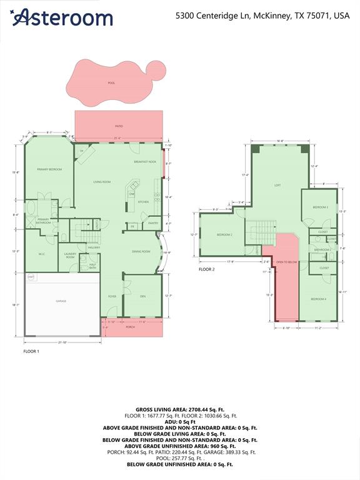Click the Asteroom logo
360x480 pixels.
click(x=62, y=17)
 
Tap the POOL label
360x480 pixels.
click(x=111, y=82)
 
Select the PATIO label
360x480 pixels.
click(x=119, y=126)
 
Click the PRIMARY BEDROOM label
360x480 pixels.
click(x=49, y=169)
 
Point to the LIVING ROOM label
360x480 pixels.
click(x=102, y=182)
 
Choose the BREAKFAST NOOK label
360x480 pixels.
click(x=144, y=162)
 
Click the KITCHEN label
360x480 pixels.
click(x=144, y=202)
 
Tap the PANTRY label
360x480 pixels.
click(x=153, y=222)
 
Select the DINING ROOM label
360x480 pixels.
click(x=141, y=251)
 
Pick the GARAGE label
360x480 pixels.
click(x=61, y=301)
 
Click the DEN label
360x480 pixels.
click(x=142, y=296)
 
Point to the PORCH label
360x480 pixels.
click(x=131, y=327)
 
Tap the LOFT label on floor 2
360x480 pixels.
click(x=277, y=186)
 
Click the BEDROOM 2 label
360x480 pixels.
click(x=224, y=234)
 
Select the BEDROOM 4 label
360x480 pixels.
click(x=319, y=299)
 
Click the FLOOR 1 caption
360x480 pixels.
click(x=31, y=352)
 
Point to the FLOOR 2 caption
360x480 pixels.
click(x=207, y=269)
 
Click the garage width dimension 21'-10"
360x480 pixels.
click(x=61, y=342)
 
